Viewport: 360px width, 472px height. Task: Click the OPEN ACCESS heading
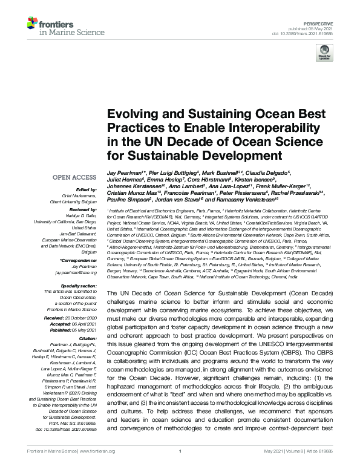point(74,178)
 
